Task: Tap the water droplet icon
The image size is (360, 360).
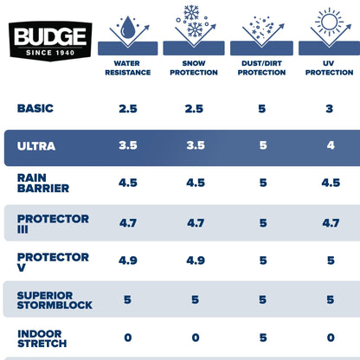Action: tap(127, 26)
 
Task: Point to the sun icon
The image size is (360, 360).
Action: tap(329, 22)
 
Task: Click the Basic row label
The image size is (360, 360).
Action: tap(35, 108)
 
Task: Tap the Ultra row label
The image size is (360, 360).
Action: tap(36, 145)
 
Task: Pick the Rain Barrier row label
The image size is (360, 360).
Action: tap(40, 182)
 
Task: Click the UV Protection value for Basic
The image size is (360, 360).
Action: tap(329, 109)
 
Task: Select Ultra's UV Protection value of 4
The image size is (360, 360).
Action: tap(329, 146)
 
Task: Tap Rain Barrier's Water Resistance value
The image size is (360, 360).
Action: tap(128, 183)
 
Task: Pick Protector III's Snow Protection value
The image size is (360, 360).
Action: tap(195, 222)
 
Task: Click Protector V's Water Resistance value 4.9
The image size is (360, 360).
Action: tap(128, 260)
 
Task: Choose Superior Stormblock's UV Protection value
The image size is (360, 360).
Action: tap(329, 300)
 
